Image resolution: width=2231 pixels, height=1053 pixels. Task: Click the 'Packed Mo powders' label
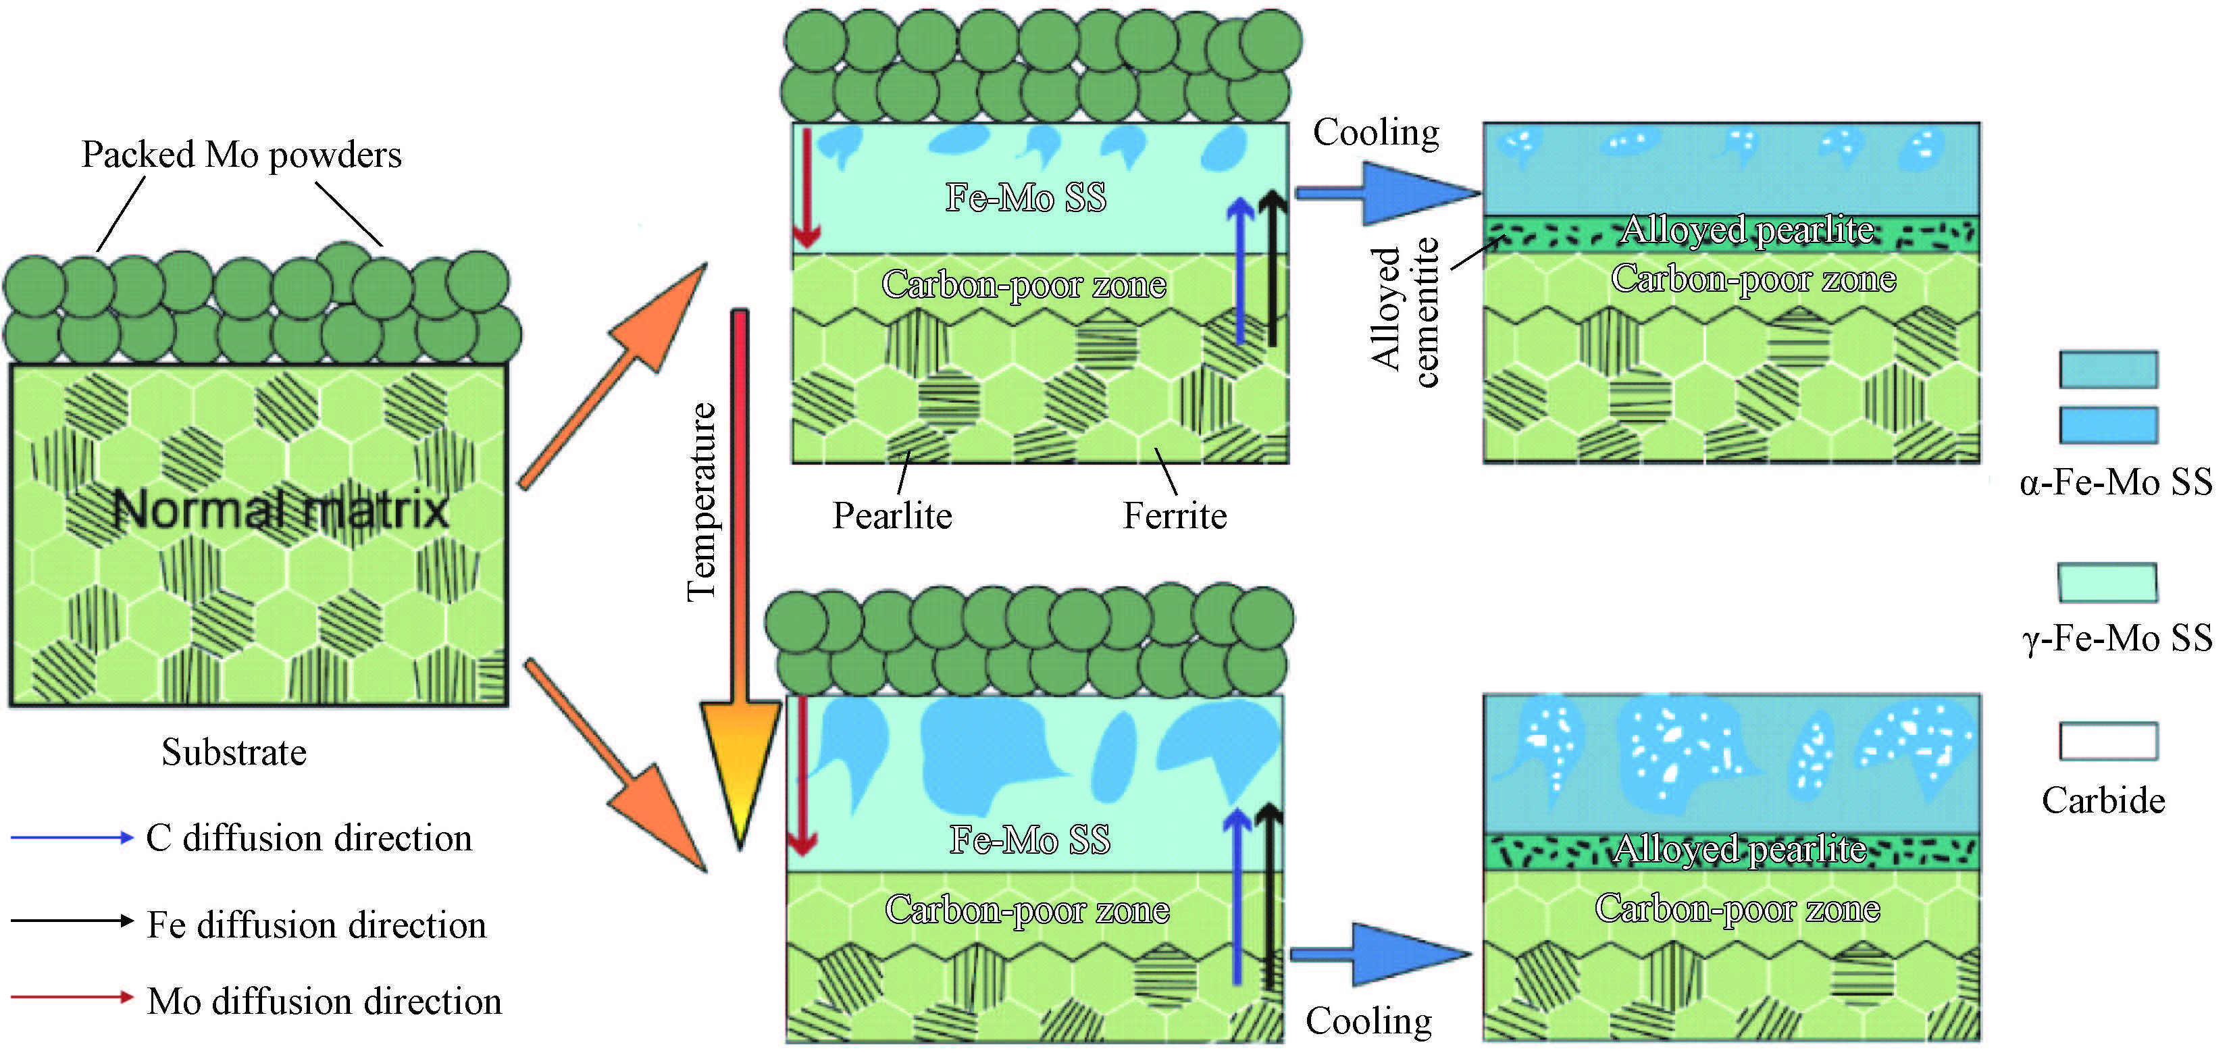(x=242, y=155)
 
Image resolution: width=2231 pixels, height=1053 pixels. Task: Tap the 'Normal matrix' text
(x=280, y=509)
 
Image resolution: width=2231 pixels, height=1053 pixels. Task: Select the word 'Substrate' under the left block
(x=234, y=752)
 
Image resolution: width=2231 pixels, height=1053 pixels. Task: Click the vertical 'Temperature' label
(x=702, y=503)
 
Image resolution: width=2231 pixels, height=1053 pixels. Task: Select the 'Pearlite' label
(x=892, y=515)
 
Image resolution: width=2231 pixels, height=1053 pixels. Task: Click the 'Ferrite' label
(x=1175, y=515)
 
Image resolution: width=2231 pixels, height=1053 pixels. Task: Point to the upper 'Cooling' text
(x=1376, y=132)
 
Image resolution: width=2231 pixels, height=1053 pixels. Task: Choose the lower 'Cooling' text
(x=1368, y=1021)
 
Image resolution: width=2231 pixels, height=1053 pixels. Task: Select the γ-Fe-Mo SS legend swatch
(x=2107, y=583)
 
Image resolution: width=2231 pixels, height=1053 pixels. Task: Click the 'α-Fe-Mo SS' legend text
(x=2115, y=482)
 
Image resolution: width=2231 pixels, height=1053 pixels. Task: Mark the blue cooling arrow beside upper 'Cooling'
(x=1386, y=192)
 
